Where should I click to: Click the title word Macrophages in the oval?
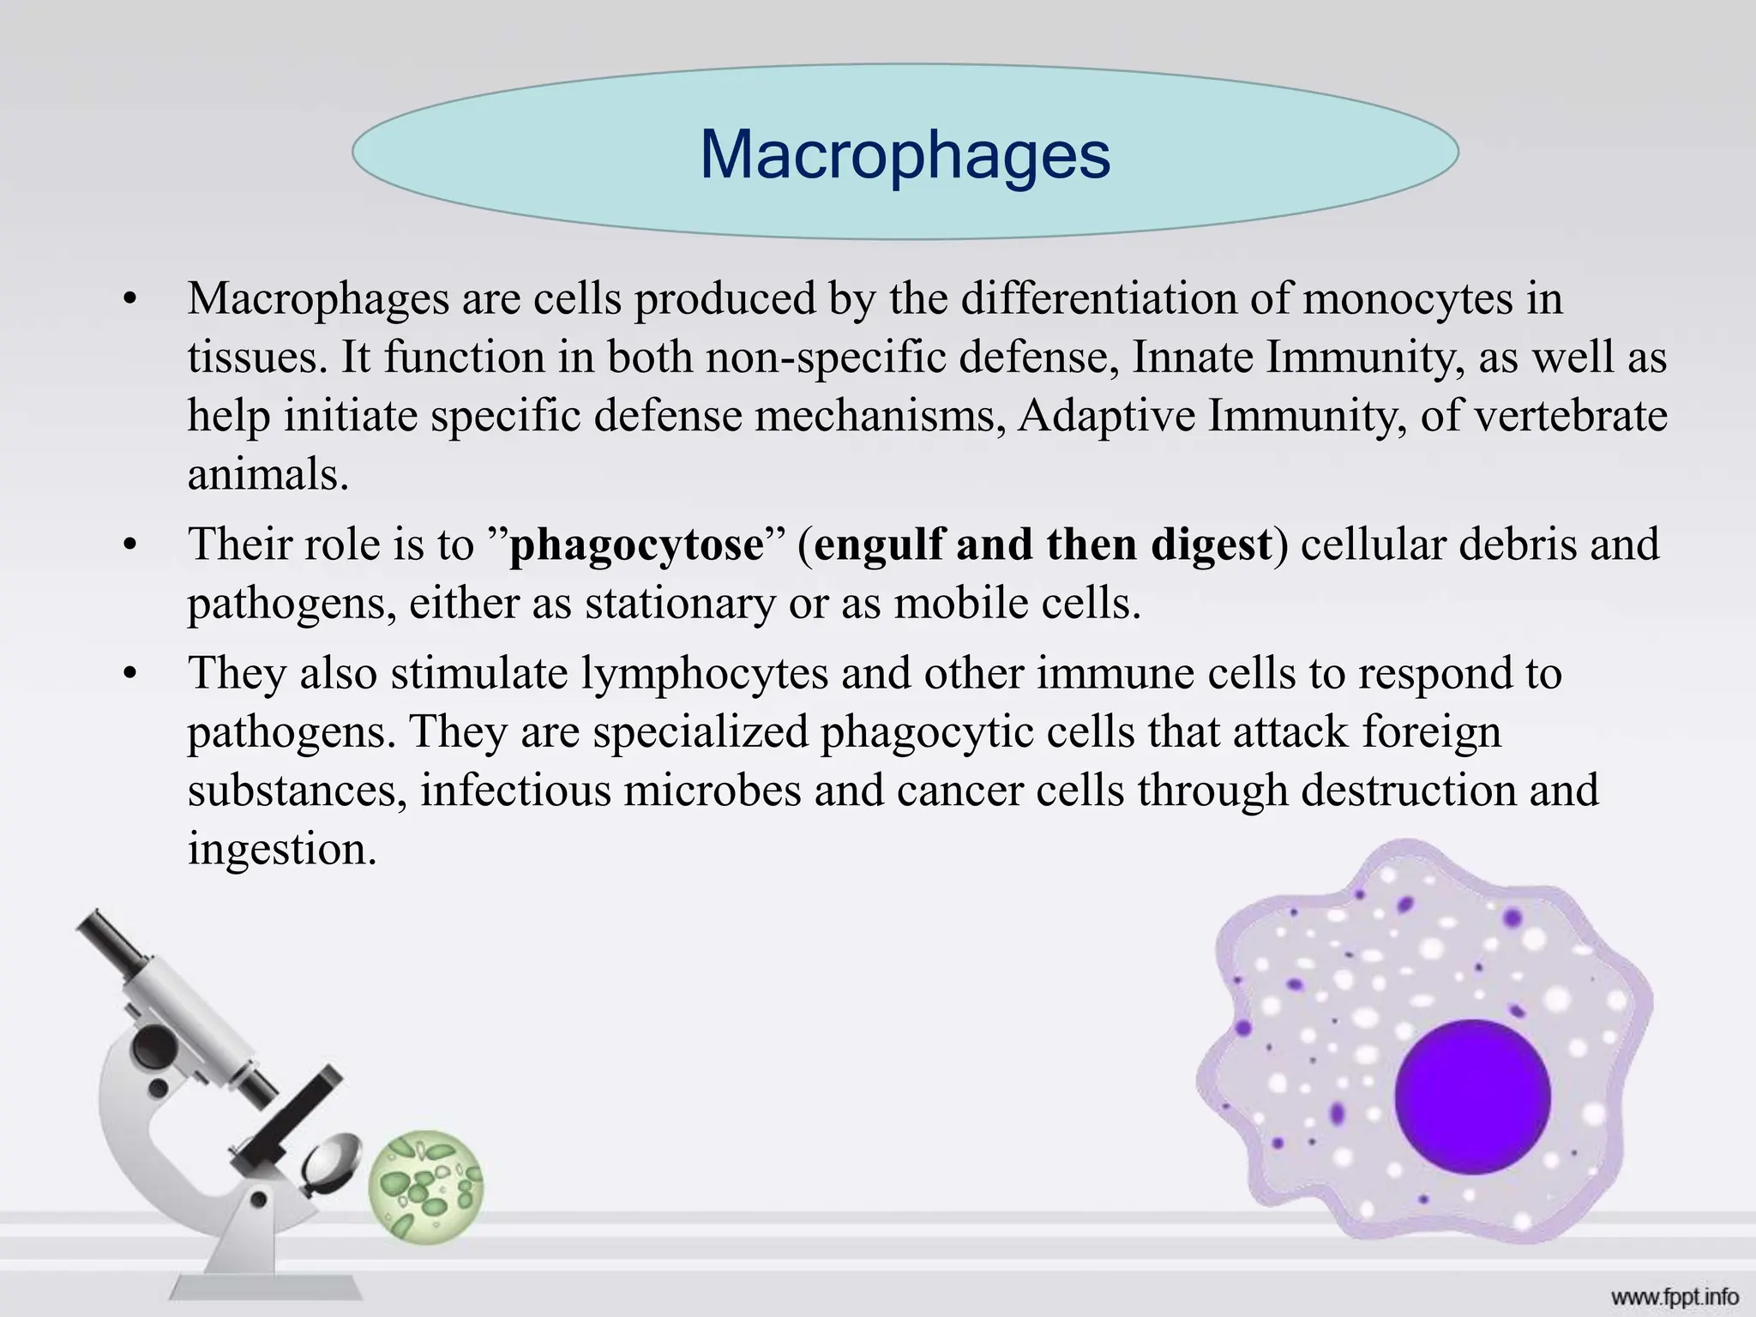(905, 155)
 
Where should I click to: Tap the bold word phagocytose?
(635, 544)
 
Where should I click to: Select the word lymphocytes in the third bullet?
(705, 672)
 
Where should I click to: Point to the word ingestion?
(282, 849)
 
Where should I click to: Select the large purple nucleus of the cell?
(1472, 1097)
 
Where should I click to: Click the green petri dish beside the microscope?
(426, 1188)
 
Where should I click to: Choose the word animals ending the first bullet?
(268, 474)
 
